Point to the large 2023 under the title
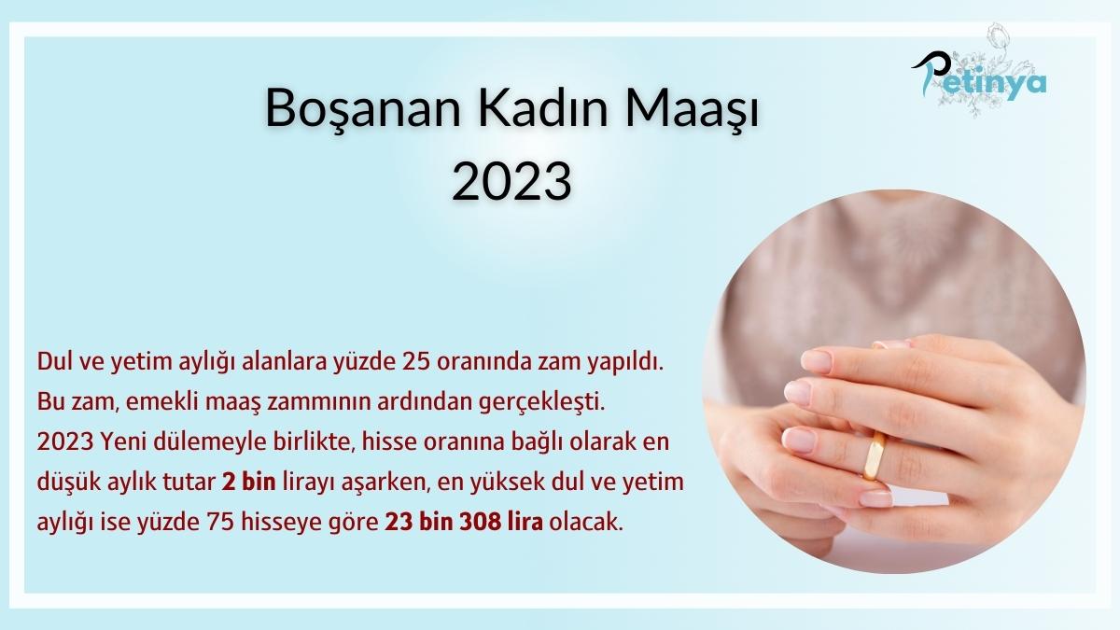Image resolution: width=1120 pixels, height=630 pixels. (x=511, y=180)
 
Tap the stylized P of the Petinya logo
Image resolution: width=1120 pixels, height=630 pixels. (x=929, y=75)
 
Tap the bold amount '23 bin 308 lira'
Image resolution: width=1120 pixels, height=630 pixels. (x=465, y=522)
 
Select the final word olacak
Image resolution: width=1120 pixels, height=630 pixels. (x=586, y=522)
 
